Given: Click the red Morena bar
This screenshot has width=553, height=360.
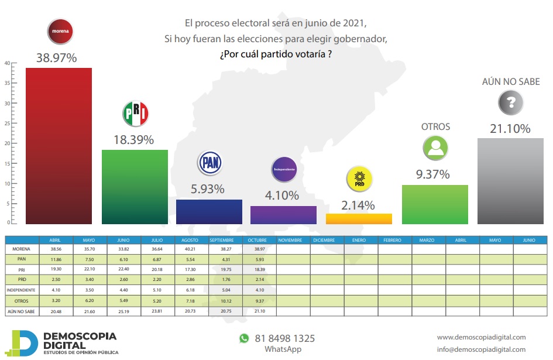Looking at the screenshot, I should (x=59, y=146).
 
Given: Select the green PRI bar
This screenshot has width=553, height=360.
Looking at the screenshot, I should (x=135, y=187).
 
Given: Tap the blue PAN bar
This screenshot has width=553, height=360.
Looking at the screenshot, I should (x=209, y=211).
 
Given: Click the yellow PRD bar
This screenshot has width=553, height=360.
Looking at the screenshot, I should (x=358, y=218).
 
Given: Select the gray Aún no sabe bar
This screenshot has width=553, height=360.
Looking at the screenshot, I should (x=510, y=181).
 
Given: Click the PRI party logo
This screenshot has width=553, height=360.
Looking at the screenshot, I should (x=135, y=114).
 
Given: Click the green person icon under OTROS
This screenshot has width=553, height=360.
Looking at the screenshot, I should (x=435, y=149).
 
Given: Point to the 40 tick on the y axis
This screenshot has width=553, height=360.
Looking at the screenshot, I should (x=6, y=63).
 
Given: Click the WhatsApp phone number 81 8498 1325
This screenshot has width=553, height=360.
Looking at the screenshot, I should (x=284, y=338).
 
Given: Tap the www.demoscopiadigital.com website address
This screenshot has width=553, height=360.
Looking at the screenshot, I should (x=481, y=337).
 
